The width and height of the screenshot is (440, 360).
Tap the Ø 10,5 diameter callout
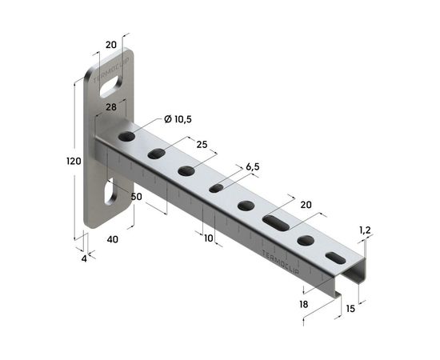(x=178, y=118)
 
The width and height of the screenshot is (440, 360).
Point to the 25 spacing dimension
(x=201, y=144)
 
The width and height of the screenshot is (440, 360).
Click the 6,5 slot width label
(x=252, y=166)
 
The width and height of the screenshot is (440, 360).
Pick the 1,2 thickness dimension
(x=366, y=230)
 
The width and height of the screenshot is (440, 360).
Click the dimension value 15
(x=351, y=309)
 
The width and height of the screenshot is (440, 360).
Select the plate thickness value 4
(x=82, y=258)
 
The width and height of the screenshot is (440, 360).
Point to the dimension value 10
(x=208, y=238)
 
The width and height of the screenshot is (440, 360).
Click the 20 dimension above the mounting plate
(x=110, y=45)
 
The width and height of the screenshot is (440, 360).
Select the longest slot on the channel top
(x=276, y=222)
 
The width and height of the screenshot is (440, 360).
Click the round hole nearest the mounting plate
(x=126, y=138)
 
